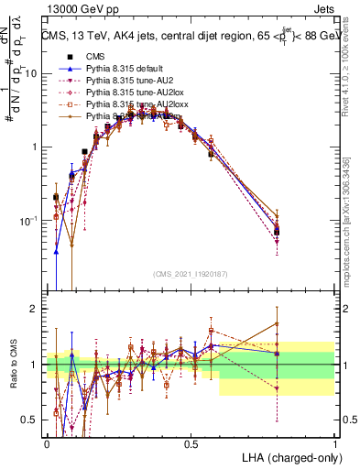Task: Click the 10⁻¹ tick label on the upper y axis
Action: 27,221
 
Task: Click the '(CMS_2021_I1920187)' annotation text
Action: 190,274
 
